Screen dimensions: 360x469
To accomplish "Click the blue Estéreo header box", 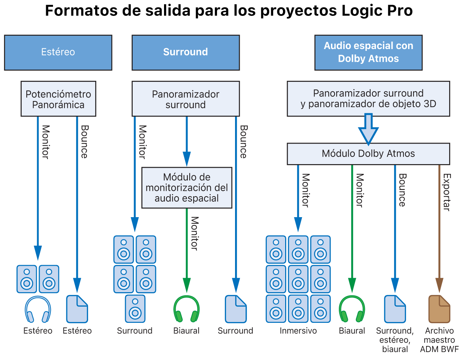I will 58,52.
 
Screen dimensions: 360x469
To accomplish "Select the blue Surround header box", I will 185,52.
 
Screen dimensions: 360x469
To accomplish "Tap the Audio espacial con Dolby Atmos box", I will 368,52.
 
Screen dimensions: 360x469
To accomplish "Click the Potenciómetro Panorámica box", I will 58,99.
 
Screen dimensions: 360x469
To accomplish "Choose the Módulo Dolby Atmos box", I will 368,154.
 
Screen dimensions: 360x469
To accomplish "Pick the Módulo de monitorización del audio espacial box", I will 186,188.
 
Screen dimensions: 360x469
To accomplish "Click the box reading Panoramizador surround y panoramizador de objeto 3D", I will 368,98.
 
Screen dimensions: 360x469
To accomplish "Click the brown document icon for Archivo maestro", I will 439,309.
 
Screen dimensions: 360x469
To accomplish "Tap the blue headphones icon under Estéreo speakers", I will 37,309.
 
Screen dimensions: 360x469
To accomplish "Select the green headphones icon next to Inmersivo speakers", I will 352,309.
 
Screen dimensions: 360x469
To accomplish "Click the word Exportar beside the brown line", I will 447,192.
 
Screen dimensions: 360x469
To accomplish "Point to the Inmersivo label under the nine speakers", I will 298,331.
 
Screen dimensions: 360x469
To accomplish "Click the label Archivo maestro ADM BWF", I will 439,340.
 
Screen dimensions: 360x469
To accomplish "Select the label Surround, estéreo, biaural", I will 395,340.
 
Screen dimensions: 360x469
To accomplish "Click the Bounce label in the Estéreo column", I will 84,141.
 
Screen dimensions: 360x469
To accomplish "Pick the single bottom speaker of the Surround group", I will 135,309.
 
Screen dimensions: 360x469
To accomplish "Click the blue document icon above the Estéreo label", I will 77,309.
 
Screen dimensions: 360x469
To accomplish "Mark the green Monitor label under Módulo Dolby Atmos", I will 359,190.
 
